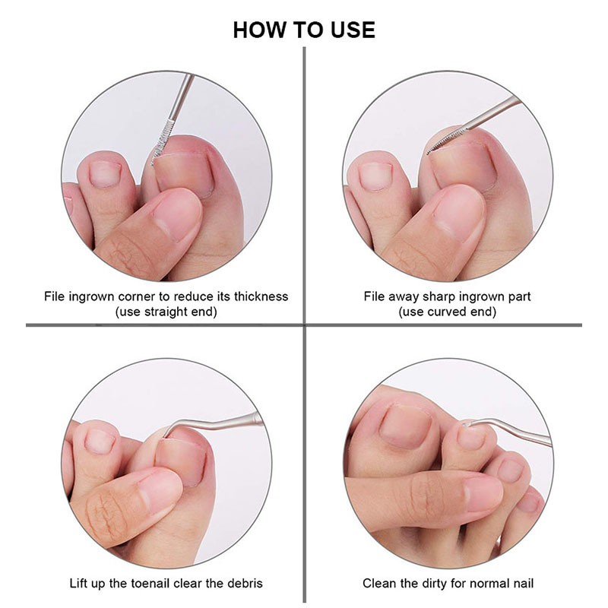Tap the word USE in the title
(x=353, y=30)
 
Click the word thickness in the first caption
(x=261, y=296)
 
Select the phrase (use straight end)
(x=166, y=312)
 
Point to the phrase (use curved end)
(x=447, y=312)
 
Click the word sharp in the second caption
(x=439, y=297)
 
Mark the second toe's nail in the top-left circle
(x=105, y=174)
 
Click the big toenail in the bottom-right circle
(x=406, y=426)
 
